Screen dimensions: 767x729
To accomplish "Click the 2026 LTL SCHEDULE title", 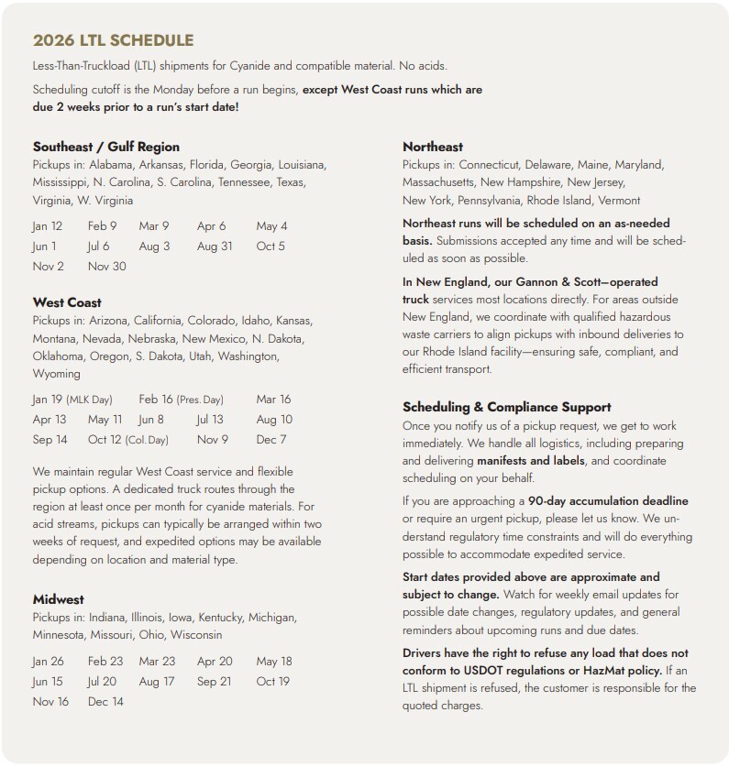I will point(113,40).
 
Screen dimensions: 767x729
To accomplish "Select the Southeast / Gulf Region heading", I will point(106,147).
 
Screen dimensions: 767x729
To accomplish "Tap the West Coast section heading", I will point(67,302).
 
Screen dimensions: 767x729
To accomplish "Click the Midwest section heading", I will point(58,599).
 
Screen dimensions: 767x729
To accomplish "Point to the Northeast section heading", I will point(433,147).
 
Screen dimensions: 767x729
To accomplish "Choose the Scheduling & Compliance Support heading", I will point(507,407).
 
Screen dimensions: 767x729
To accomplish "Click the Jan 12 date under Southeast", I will point(48,226).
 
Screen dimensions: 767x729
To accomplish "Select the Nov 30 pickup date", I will point(107,267).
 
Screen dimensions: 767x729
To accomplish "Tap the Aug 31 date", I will point(215,247).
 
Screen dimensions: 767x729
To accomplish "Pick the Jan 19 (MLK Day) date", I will point(72,400).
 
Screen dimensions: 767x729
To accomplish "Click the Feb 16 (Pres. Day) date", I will point(181,400).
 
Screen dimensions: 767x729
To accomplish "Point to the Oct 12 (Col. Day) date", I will point(128,440).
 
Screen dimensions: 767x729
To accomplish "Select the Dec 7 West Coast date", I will point(271,440).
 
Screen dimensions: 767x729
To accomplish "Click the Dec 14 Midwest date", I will point(105,702).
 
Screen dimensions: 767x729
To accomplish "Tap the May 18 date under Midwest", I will point(273,662).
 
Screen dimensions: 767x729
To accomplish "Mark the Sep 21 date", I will point(214,682).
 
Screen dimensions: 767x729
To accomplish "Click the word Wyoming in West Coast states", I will point(57,374).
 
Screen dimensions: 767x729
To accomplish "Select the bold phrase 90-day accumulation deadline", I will point(608,501).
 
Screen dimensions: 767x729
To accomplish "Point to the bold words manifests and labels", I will point(530,460).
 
